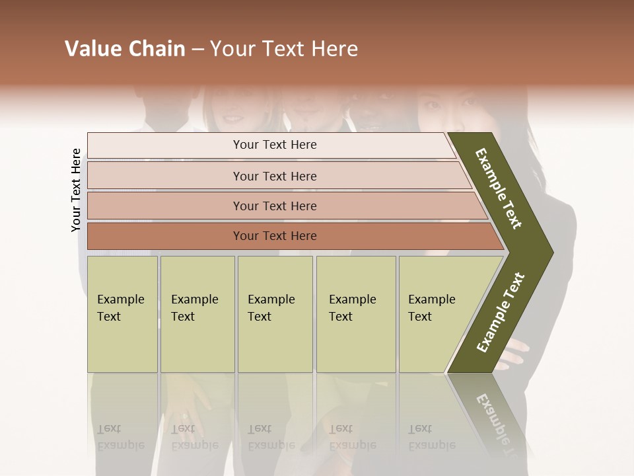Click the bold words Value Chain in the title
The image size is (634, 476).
point(125,49)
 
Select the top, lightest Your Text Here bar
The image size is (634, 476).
point(275,145)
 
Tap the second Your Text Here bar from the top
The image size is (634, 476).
point(275,176)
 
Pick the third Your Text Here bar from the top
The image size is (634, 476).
point(275,206)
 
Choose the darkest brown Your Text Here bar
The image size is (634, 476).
point(275,236)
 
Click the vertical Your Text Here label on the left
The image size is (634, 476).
point(76,190)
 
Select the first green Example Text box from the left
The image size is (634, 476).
point(122,313)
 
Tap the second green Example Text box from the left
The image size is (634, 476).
point(197,313)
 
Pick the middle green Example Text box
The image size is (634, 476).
point(275,313)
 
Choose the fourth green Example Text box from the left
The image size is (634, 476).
point(355,313)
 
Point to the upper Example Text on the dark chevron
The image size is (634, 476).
point(499,188)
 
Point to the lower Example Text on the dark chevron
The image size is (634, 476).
point(501,312)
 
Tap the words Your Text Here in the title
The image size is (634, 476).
point(284,49)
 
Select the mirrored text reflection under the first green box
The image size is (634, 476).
point(120,436)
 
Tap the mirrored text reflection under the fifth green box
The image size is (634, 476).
point(431,436)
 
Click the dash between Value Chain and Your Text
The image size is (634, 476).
point(197,50)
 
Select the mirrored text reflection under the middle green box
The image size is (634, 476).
point(271,436)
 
